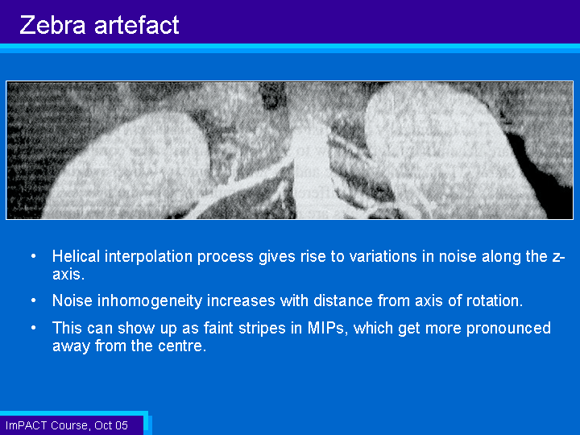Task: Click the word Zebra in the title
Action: [x=52, y=25]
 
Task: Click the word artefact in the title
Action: [x=136, y=25]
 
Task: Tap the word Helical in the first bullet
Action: [x=77, y=256]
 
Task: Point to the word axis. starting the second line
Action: [x=68, y=274]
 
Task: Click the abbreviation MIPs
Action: [x=328, y=328]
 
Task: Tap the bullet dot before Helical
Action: [x=34, y=256]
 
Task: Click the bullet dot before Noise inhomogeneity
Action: [x=34, y=300]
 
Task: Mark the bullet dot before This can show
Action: [x=34, y=328]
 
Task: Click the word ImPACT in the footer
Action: [x=27, y=425]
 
